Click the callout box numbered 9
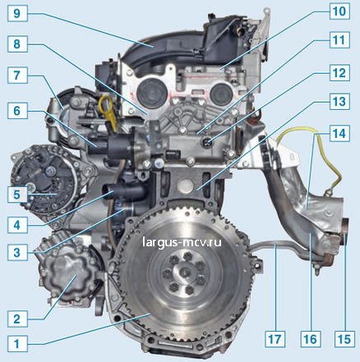pos(17,12)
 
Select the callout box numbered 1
pos(17,343)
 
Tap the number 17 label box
pos(275,339)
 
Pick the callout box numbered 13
pos(339,101)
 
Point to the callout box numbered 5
pos(17,195)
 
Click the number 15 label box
pos(344,339)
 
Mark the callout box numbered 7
pos(17,75)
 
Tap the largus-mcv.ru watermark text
pos(182,242)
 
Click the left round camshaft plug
pos(150,92)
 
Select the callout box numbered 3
pos(17,252)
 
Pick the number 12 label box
pos(339,72)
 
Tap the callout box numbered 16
pos(311,339)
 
